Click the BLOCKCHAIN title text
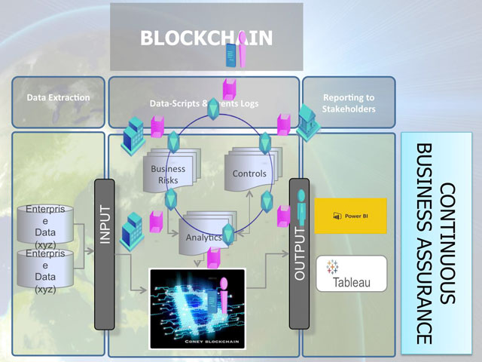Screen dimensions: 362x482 tap(206, 38)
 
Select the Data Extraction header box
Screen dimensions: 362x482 tap(58, 98)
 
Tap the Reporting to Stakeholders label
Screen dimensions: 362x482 tap(349, 103)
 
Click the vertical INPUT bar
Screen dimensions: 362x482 tap(105, 254)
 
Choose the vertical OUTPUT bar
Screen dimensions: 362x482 tap(300, 254)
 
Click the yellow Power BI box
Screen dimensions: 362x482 tap(350, 216)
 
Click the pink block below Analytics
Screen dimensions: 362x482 tap(213, 259)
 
